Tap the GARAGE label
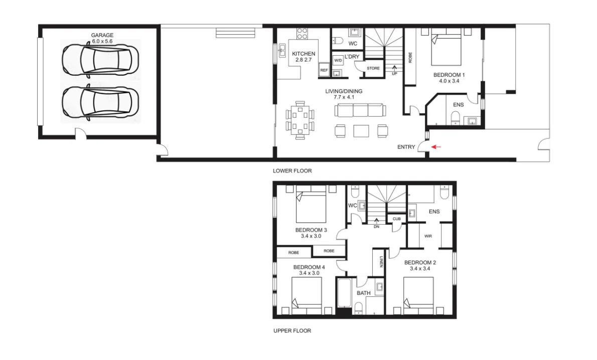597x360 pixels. [102, 35]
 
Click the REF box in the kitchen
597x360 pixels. [324, 71]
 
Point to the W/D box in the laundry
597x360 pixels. [338, 60]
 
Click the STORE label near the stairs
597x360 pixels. [373, 68]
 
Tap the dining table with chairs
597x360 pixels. [300, 120]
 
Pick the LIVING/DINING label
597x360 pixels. [344, 91]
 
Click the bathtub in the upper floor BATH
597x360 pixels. [345, 293]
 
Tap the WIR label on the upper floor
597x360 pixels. [428, 236]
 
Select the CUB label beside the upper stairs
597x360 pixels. [396, 219]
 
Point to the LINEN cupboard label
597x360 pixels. [381, 262]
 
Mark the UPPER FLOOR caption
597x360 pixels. [292, 331]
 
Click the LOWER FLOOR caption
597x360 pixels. [292, 171]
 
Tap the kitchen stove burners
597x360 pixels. [302, 34]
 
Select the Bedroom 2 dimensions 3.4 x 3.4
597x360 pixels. [420, 269]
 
